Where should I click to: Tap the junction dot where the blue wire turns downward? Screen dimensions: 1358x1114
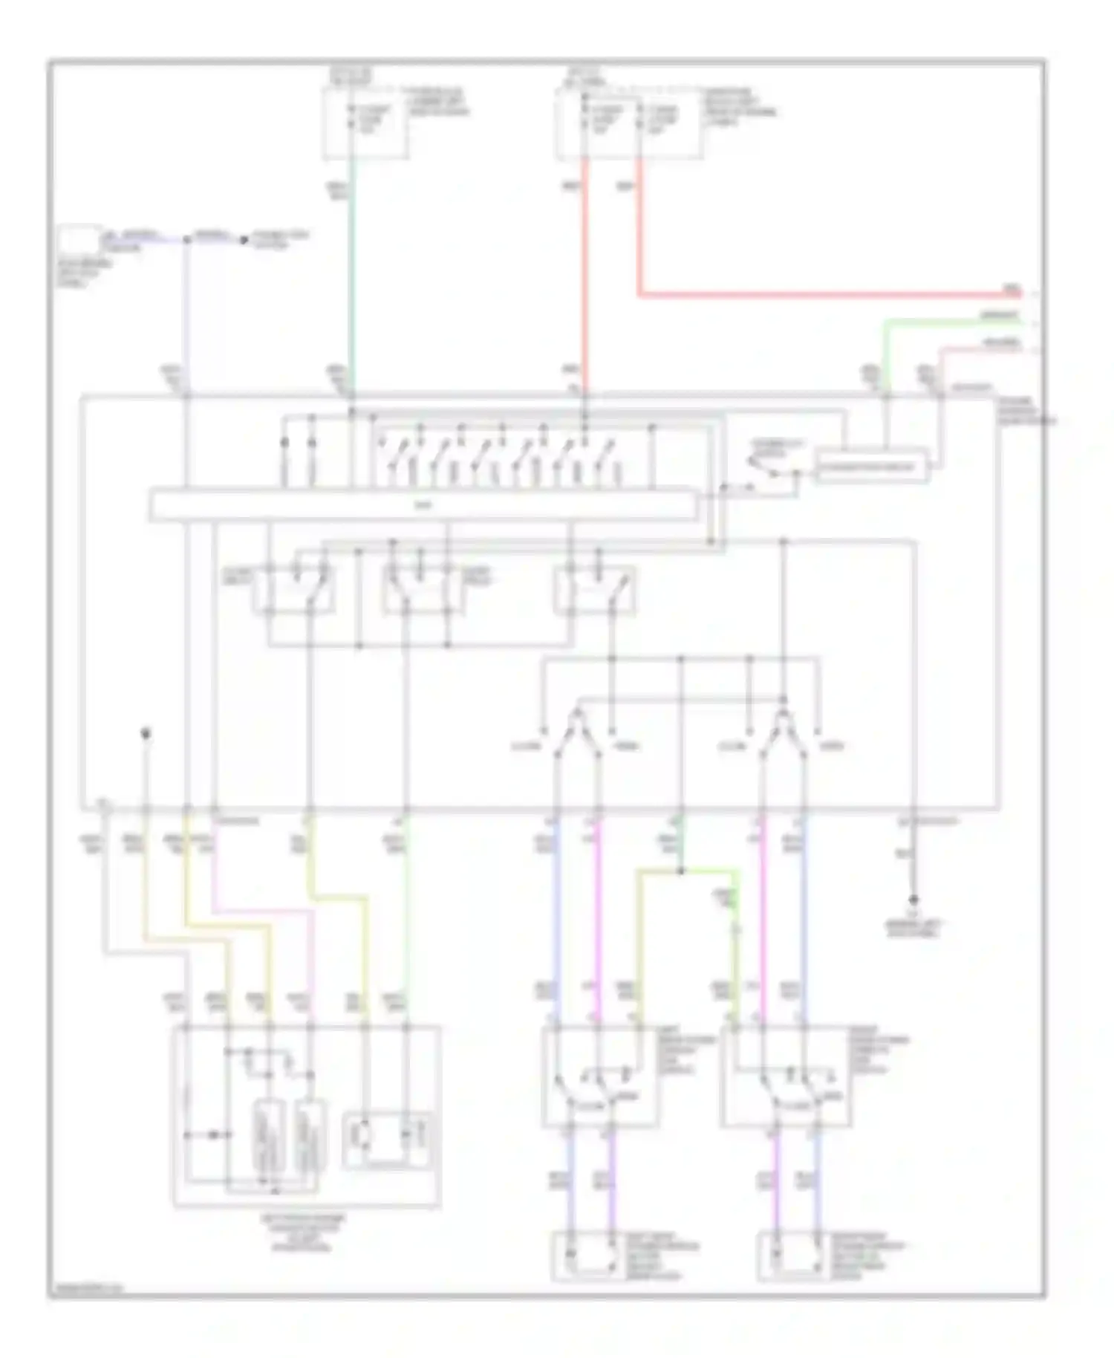click(186, 241)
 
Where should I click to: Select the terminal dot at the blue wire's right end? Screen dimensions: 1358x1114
click(242, 240)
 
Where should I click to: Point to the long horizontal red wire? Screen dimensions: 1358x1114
click(817, 296)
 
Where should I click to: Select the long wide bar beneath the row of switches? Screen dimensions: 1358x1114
click(423, 505)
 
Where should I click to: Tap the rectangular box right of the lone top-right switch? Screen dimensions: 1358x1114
click(870, 467)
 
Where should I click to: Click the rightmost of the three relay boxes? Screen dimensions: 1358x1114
click(594, 591)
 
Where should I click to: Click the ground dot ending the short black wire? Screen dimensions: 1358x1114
click(913, 900)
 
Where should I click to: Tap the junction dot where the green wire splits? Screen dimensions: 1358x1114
click(681, 871)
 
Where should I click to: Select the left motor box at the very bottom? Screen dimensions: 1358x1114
click(592, 1255)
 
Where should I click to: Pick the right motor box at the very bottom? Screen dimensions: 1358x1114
click(795, 1255)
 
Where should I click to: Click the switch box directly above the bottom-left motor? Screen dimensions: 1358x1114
click(600, 1077)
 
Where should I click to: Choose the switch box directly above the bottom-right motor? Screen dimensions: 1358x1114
click(786, 1077)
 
